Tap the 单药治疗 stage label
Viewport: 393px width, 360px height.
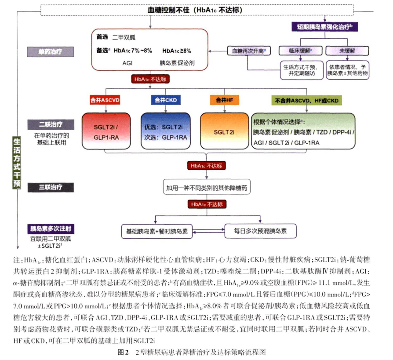51,52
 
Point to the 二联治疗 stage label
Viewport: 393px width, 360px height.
51,124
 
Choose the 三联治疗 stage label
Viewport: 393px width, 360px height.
51,187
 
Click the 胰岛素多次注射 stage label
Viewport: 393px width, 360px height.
51,229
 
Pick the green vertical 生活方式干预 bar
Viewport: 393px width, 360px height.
17,163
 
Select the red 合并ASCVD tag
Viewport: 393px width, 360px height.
105,100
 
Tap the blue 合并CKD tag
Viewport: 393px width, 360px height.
165,100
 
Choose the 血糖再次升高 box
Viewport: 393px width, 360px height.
249,51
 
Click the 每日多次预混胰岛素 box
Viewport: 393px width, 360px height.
259,230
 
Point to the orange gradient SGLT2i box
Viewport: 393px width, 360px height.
224,131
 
